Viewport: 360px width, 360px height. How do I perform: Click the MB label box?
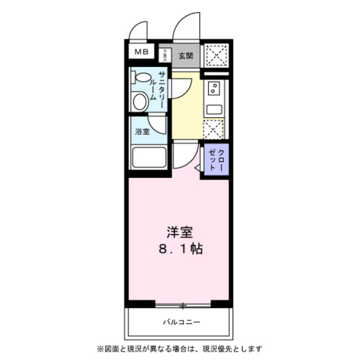pyautogui.click(x=141, y=52)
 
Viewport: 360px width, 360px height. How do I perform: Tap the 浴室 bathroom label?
pyautogui.click(x=142, y=132)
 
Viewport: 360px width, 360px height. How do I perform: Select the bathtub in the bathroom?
pyautogui.click(x=149, y=157)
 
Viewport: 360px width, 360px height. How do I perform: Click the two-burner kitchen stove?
pyautogui.click(x=214, y=88)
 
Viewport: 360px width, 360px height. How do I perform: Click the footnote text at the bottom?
pyautogui.click(x=180, y=349)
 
